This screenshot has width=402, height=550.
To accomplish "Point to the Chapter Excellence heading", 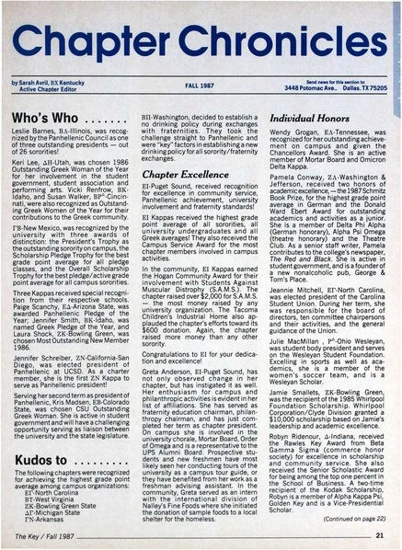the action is [176, 171].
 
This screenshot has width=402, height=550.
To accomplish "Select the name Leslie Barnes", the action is [38, 119].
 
